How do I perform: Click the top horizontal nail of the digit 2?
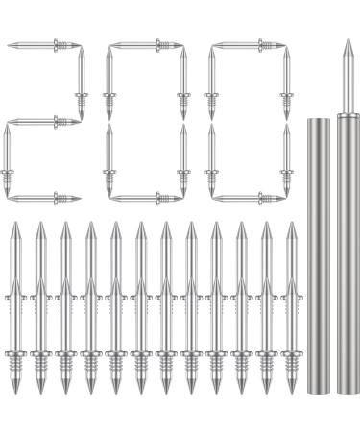(43, 44)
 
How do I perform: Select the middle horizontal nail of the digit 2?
(43, 121)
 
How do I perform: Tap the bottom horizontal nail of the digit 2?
(43, 199)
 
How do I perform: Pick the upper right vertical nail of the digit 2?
(81, 83)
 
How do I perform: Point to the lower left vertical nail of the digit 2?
(7, 159)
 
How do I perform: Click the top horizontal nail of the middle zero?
(146, 44)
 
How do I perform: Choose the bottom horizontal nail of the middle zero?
(146, 199)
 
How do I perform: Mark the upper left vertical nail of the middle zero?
(109, 83)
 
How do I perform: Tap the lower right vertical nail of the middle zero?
(183, 159)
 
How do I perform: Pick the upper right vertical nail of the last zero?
(286, 83)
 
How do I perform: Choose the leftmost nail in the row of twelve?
(15, 307)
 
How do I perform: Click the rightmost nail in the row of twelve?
(291, 307)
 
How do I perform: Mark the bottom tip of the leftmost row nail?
(15, 390)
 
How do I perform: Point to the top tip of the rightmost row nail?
(291, 226)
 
